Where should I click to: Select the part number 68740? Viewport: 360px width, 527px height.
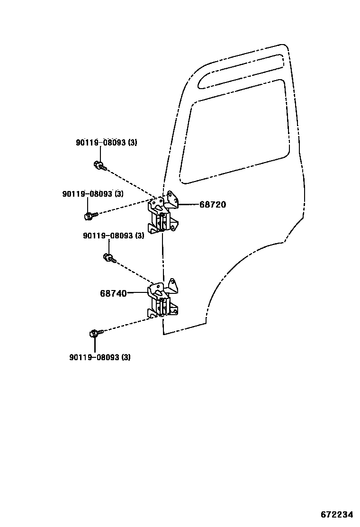tap(113, 293)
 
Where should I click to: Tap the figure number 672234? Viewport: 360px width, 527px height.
tap(337, 515)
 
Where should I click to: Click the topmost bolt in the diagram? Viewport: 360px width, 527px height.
tap(100, 165)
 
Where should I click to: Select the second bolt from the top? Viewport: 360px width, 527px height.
tap(90, 216)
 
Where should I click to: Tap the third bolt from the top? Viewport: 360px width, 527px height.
tap(109, 258)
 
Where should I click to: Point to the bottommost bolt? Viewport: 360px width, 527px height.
tap(95, 333)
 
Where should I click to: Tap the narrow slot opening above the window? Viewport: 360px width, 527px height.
tap(242, 71)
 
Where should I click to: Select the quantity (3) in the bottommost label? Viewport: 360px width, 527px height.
tap(126, 357)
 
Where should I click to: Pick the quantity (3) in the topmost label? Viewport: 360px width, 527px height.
tap(132, 142)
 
